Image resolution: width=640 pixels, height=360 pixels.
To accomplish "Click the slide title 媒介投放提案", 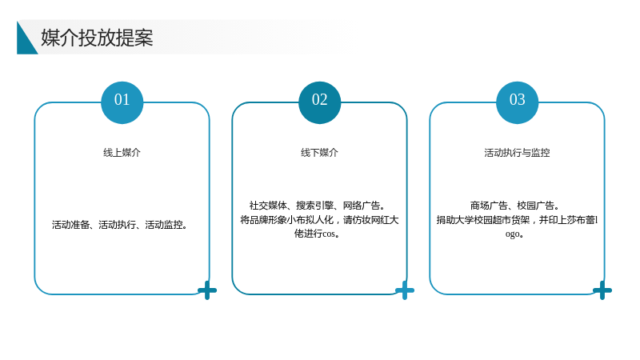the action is pos(97,38).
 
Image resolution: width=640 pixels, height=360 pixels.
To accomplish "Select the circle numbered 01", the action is pos(122,102).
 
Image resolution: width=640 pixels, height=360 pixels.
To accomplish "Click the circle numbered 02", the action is pos(319,102).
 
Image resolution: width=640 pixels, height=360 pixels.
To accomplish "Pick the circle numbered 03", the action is pos(517,102).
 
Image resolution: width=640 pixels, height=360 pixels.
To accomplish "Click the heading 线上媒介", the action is pos(122,153).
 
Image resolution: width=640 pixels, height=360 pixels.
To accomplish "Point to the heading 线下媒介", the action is pos(319,153).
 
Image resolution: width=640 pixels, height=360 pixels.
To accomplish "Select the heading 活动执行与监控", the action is pos(517,153).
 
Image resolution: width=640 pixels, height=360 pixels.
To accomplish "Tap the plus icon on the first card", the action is pos(207,290).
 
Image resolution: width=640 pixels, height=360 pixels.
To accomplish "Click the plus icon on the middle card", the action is pos(405,290).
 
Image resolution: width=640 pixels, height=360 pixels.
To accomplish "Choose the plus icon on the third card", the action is pos(602,290).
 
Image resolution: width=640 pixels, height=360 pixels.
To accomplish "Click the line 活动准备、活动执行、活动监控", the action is pos(119,225).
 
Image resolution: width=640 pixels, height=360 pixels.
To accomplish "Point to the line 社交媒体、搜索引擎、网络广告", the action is pos(317,206).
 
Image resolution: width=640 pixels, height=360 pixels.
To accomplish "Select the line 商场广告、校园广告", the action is pos(514,206).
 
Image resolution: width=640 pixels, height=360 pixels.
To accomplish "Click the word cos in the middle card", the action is pos(329,234).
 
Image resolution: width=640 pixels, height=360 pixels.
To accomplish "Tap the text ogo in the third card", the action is pos(512,234).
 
